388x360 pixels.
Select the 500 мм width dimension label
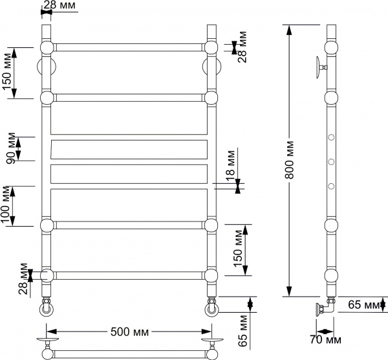(x=129, y=332)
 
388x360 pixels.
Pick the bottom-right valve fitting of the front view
(x=211, y=306)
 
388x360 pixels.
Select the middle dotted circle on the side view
(x=331, y=161)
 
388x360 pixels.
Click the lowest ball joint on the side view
(x=331, y=275)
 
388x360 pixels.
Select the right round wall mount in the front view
(x=211, y=67)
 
